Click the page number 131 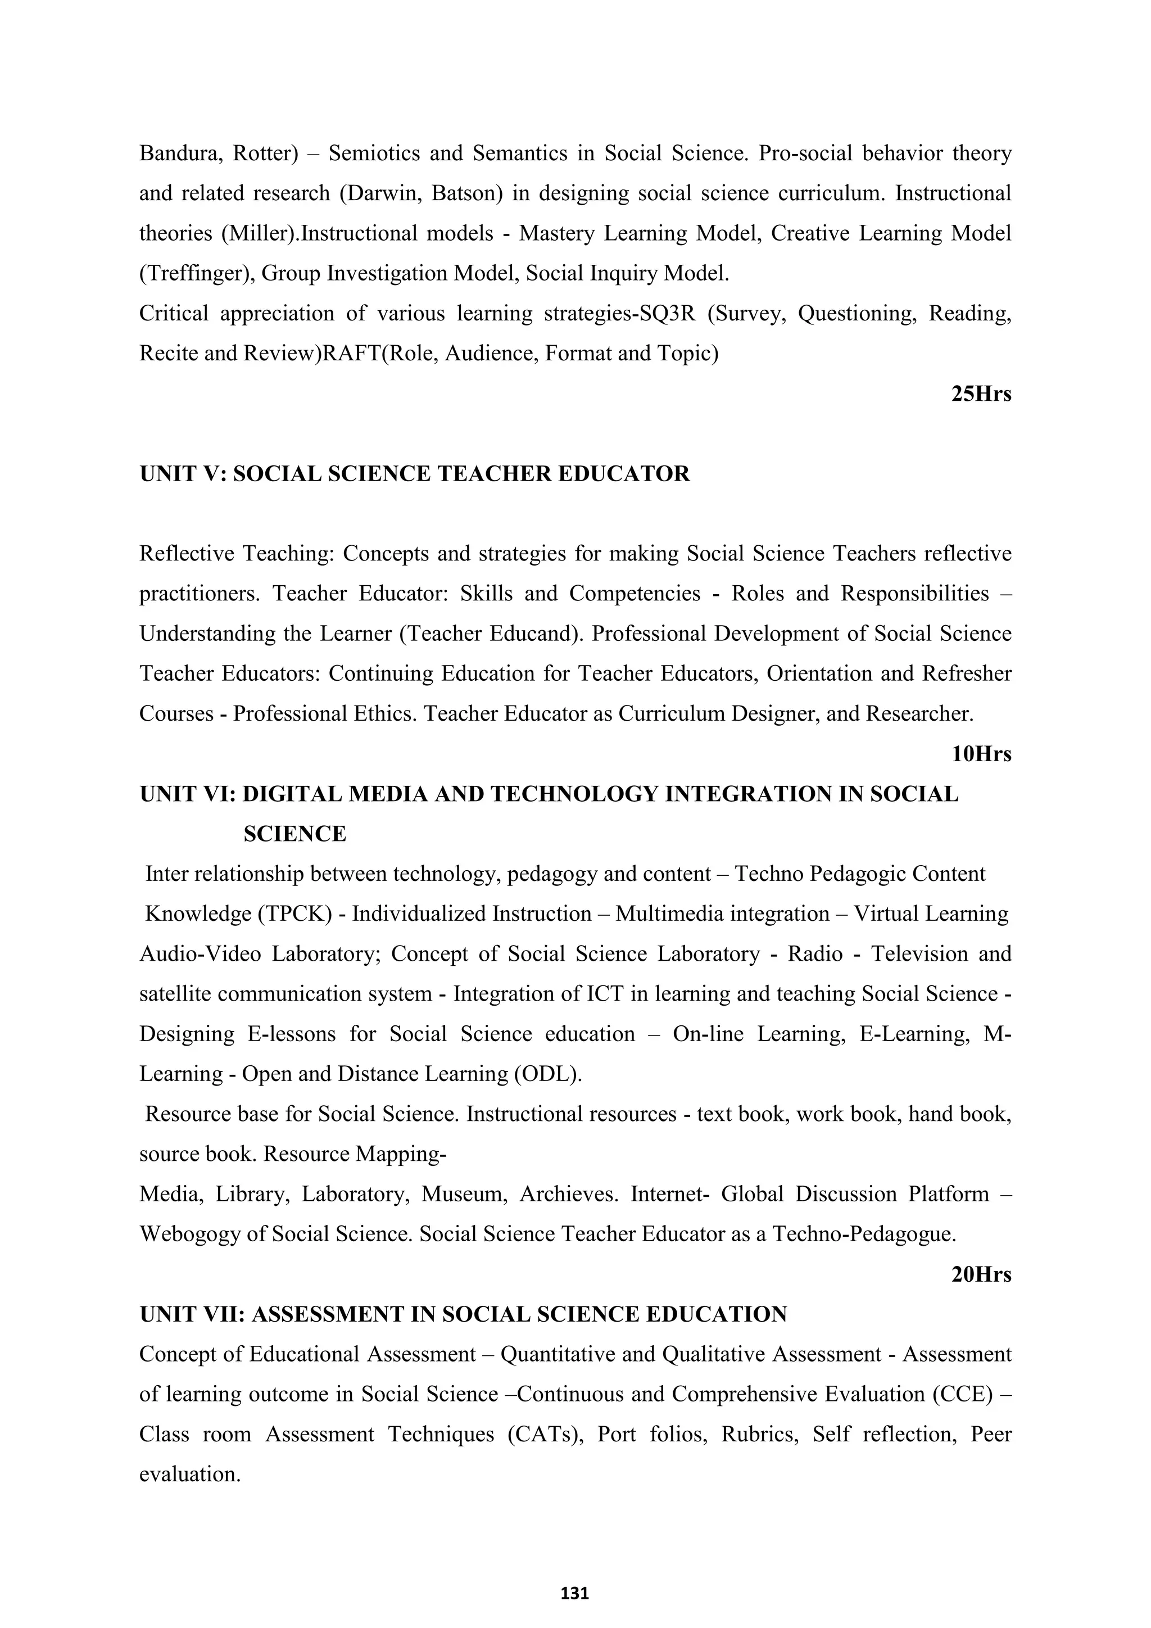[575, 1593]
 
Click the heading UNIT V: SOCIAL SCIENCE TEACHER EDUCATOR [415, 474]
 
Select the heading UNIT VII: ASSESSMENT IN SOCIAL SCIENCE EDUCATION [464, 1314]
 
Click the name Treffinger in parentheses [196, 274]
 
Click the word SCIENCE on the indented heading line [295, 834]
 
